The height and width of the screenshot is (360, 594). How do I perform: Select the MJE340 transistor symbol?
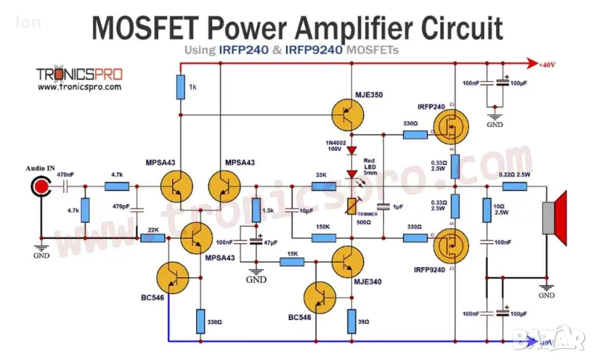coord(347,261)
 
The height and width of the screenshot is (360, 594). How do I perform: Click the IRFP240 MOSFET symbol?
coord(450,128)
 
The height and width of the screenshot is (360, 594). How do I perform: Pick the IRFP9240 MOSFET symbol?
coord(450,244)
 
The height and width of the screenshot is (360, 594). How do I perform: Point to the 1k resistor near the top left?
coord(180,88)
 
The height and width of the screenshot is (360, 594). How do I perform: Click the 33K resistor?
coord(321,186)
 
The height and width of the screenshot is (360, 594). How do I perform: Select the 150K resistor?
coord(322,238)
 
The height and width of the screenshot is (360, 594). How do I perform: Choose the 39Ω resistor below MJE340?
coord(351,321)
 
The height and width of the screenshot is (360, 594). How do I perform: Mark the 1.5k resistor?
coord(256,210)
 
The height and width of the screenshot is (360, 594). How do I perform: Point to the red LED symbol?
coord(353,175)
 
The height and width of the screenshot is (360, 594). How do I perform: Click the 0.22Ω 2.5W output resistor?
coord(514,186)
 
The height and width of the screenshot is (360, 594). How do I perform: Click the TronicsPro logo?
coord(79,74)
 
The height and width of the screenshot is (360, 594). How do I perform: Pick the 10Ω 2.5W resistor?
coord(486,212)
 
